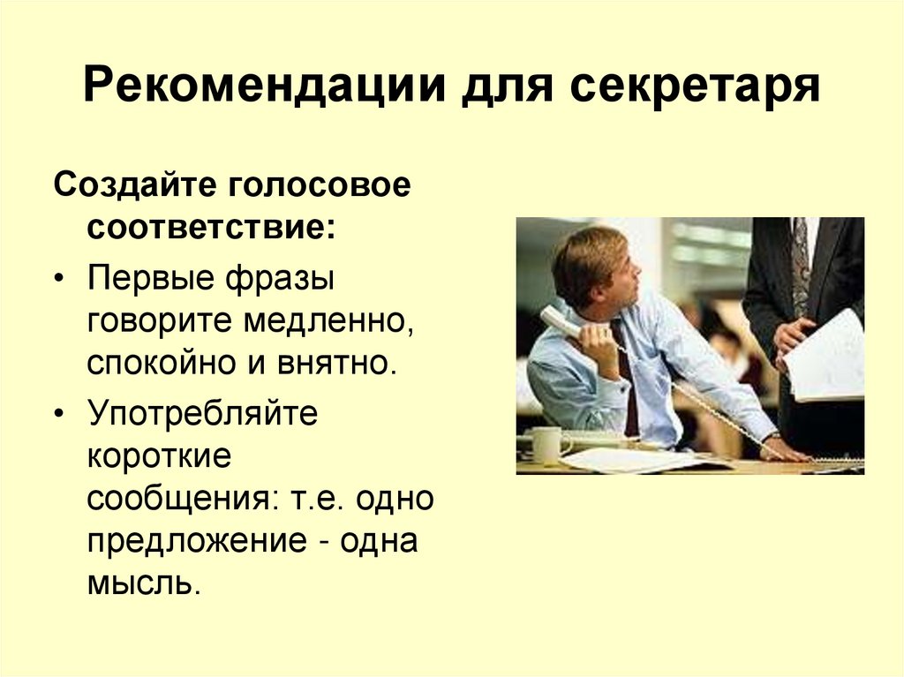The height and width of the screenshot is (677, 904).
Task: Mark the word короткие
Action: point(158,458)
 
